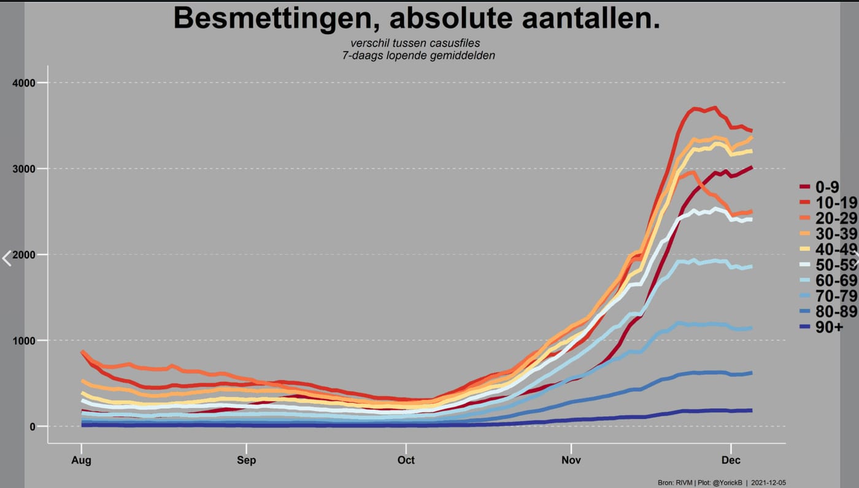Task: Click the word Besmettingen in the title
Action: tap(277, 18)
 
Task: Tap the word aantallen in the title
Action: tap(590, 18)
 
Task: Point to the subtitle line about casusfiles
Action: tap(415, 43)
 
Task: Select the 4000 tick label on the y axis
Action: tap(24, 83)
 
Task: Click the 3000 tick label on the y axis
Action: tap(24, 169)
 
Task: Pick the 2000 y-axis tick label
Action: tap(24, 255)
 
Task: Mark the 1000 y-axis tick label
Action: tap(24, 341)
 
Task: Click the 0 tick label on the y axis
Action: tap(32, 427)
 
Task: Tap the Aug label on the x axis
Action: tap(81, 460)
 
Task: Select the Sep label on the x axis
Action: tap(246, 460)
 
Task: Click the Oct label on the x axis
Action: tap(406, 460)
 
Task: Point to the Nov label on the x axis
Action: tap(571, 460)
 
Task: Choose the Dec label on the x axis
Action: tap(731, 460)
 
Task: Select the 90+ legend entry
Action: tap(821, 327)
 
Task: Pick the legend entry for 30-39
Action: tap(828, 234)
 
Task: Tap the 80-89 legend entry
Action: tap(828, 312)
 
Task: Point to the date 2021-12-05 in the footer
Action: tap(768, 482)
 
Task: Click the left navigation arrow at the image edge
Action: tap(7, 258)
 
